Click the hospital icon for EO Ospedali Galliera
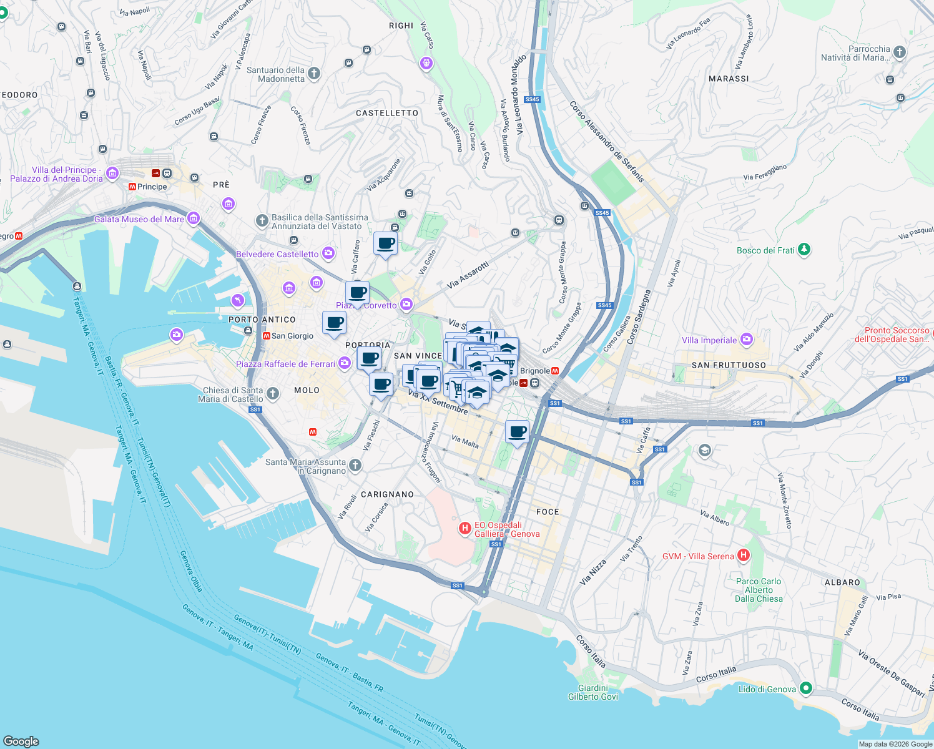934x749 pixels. [x=465, y=529]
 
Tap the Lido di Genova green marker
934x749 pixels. [x=806, y=688]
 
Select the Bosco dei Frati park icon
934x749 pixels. [x=805, y=250]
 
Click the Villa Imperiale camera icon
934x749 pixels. [x=747, y=340]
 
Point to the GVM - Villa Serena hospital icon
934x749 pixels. [x=743, y=555]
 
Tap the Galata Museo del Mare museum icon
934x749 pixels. [x=194, y=218]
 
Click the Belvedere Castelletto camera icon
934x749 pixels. [x=328, y=253]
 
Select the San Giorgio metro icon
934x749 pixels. [x=267, y=336]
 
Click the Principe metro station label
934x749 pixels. [x=152, y=187]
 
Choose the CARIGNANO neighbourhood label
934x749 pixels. [x=387, y=494]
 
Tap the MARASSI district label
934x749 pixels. [x=729, y=79]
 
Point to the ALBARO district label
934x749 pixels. [x=842, y=582]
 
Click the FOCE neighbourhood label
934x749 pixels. [x=548, y=512]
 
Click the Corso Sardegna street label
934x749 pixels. [x=639, y=317]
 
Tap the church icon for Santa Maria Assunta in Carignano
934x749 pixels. [x=355, y=465]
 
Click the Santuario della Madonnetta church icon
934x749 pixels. [x=314, y=74]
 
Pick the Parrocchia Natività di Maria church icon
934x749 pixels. [x=899, y=52]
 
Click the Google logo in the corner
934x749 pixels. [x=21, y=741]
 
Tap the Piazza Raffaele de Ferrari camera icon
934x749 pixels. [x=345, y=363]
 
